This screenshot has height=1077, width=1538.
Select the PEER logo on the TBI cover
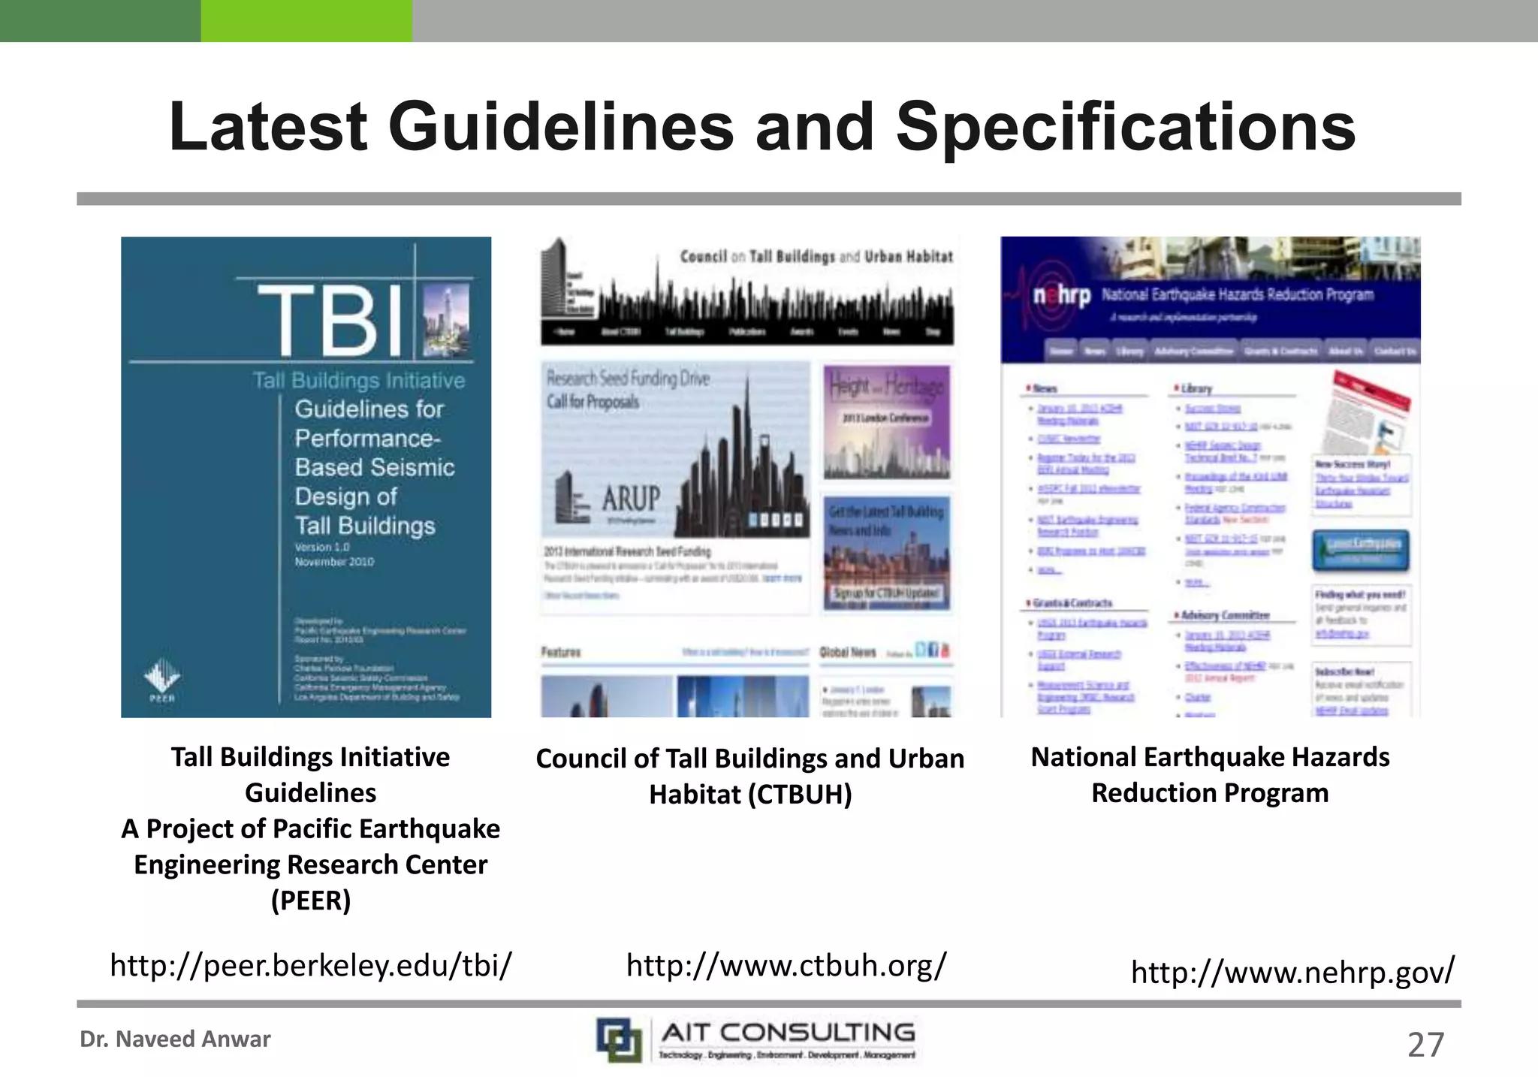[161, 680]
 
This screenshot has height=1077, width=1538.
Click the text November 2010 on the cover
[334, 562]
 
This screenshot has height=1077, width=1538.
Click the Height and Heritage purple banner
[886, 421]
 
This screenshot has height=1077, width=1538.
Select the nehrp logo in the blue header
[1061, 296]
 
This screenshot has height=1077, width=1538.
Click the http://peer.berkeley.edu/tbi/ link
[311, 965]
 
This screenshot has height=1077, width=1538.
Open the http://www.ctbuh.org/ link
[786, 965]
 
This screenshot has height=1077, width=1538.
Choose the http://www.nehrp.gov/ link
[1292, 973]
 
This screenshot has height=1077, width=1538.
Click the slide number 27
[1425, 1045]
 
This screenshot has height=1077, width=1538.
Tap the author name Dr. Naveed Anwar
[175, 1039]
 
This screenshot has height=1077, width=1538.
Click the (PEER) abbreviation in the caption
[311, 900]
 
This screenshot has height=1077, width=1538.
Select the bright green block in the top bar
[306, 20]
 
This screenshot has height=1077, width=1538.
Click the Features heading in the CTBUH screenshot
[561, 652]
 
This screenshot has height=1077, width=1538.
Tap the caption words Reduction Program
[1210, 793]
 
